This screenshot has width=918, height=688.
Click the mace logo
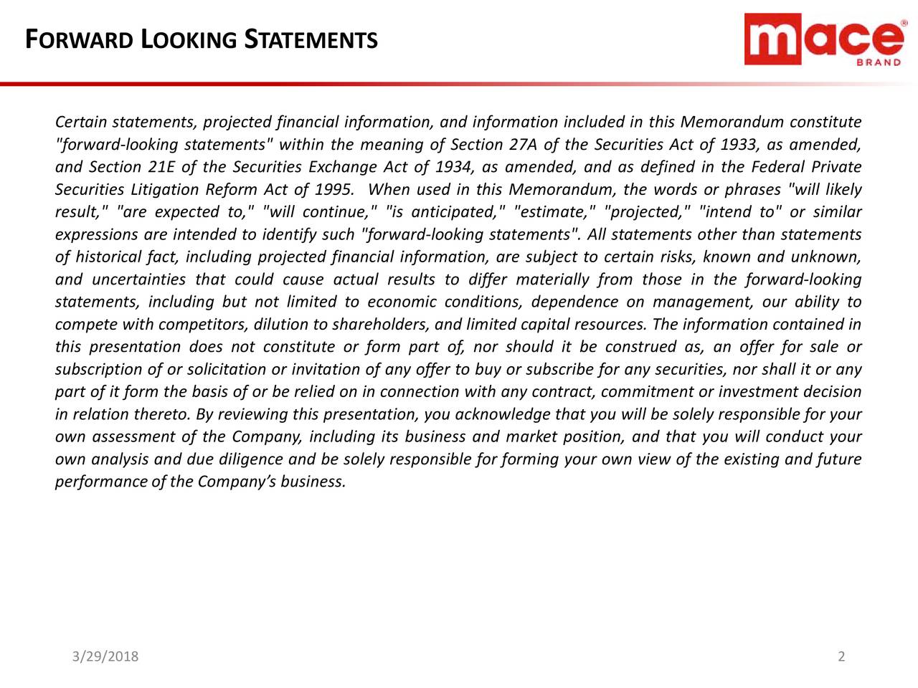(824, 39)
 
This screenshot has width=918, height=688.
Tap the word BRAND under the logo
(879, 63)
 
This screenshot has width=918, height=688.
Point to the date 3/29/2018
(105, 656)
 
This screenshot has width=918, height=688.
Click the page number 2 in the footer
(841, 656)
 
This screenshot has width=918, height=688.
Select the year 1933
(738, 145)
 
